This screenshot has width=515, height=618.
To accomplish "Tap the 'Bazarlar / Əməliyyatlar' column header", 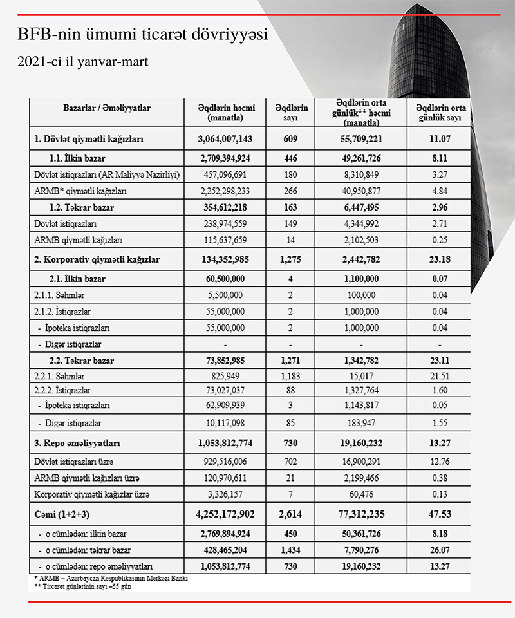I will (x=107, y=108).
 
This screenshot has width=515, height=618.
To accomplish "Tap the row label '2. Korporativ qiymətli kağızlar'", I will (x=97, y=259).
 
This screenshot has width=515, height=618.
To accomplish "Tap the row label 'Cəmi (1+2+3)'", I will (x=62, y=514).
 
